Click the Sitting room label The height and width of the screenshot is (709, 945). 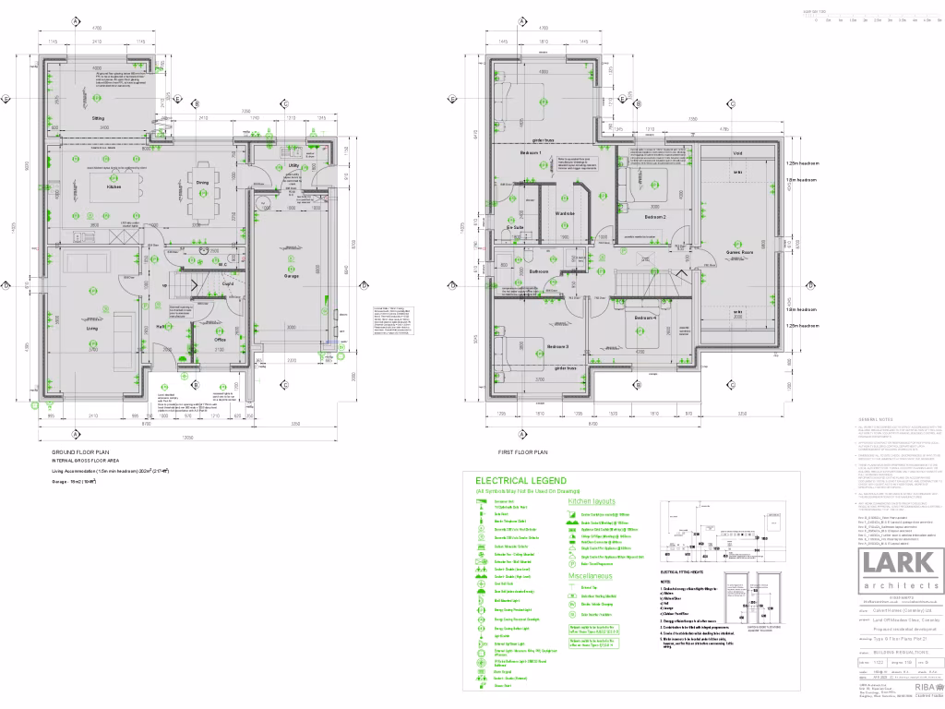[97, 119]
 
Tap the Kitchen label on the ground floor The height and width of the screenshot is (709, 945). [114, 186]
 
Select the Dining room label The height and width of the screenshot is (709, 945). [202, 183]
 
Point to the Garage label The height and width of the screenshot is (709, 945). [290, 276]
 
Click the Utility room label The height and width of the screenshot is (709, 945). [293, 166]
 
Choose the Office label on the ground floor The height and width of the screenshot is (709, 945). [221, 340]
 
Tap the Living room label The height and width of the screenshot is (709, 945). [92, 328]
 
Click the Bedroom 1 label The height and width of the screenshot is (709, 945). [532, 152]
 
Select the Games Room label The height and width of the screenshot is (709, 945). [741, 251]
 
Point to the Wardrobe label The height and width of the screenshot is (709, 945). [565, 214]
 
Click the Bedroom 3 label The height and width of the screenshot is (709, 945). [556, 346]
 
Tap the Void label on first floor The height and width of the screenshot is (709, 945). [737, 153]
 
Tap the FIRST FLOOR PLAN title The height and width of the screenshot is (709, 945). [522, 451]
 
